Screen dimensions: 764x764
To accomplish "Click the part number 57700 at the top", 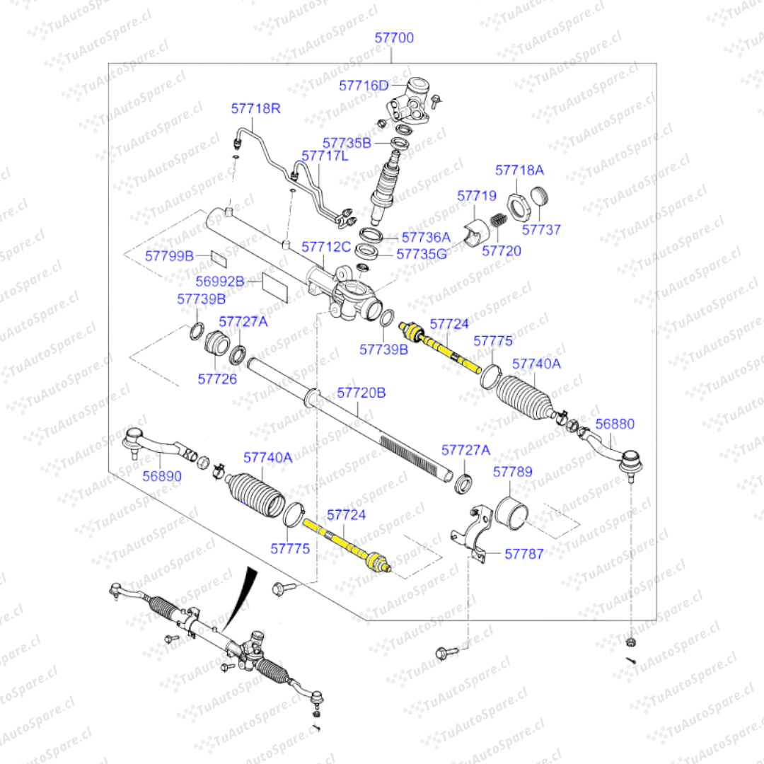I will click(394, 38).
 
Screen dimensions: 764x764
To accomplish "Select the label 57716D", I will click(364, 86).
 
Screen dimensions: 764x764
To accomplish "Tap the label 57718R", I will click(255, 109).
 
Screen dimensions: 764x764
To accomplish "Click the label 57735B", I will click(347, 143).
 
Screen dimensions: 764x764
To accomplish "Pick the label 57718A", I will click(519, 170).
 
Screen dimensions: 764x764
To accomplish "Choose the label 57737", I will click(541, 229).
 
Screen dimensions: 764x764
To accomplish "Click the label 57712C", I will click(326, 247).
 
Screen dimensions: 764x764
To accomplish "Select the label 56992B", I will click(219, 282).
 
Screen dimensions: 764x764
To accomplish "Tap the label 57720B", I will click(361, 392).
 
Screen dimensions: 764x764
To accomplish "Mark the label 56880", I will click(615, 424).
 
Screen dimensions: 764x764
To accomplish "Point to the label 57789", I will click(513, 472).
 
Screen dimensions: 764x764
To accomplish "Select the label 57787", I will click(524, 554).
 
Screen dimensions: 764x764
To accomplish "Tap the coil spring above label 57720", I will click(499, 221).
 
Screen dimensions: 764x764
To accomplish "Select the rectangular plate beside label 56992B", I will click(275, 286).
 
